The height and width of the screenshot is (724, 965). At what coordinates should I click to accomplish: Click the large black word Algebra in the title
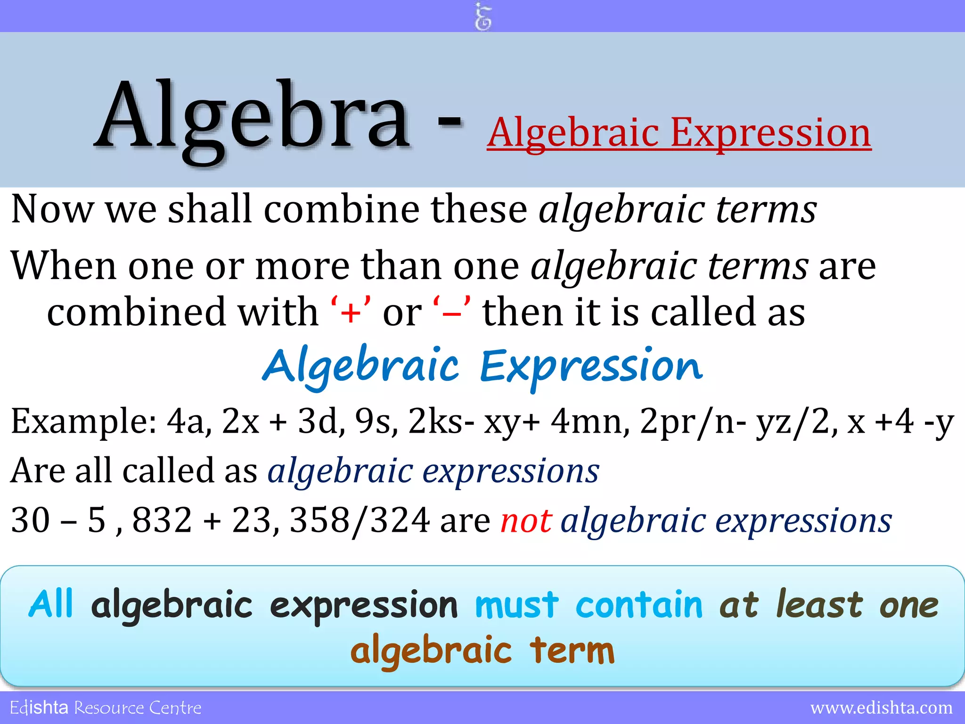(252, 118)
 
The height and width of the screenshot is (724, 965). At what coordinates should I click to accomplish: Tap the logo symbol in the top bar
(483, 16)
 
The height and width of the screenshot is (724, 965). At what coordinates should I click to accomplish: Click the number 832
(162, 520)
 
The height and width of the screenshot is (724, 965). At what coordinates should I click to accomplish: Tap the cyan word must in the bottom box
(516, 605)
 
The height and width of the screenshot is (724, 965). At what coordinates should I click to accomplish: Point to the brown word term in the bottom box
(572, 650)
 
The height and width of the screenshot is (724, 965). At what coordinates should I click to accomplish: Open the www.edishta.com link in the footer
(881, 708)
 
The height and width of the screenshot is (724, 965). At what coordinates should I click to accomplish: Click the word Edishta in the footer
(39, 708)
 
